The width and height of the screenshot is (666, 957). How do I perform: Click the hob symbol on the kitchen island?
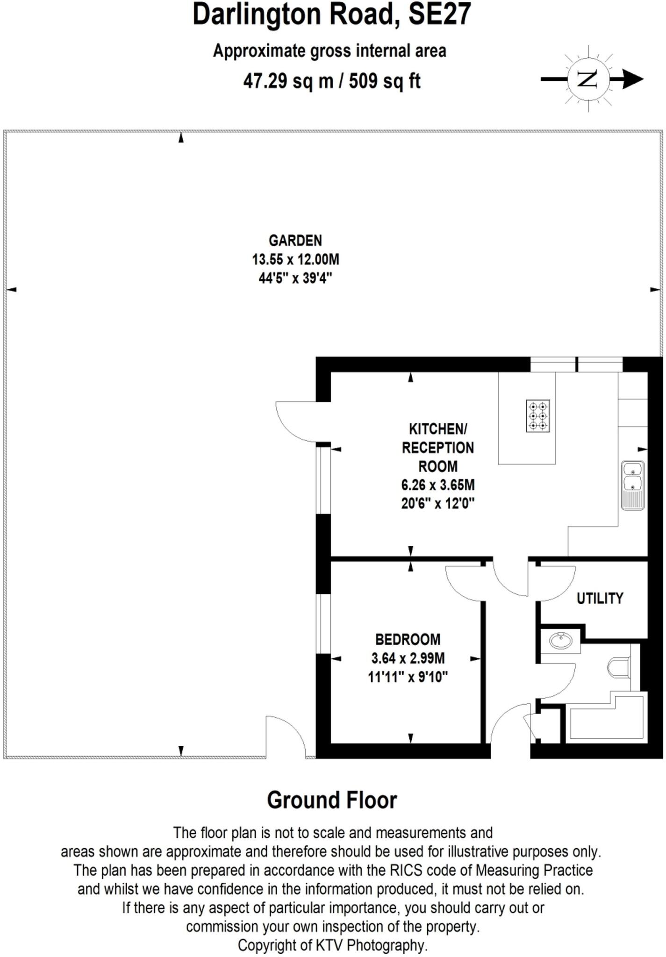click(537, 415)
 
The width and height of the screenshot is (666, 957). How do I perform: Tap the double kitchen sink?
click(633, 485)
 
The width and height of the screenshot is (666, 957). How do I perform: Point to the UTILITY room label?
click(600, 599)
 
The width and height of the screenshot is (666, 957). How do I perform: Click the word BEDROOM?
click(408, 639)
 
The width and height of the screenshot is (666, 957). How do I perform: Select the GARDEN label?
click(295, 241)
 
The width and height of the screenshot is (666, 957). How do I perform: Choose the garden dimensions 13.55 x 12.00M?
click(295, 259)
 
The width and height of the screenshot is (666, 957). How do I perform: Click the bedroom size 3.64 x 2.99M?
click(408, 658)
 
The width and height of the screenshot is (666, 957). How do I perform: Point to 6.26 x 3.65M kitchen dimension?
click(437, 485)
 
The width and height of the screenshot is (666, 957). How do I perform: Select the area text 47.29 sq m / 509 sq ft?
click(332, 81)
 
